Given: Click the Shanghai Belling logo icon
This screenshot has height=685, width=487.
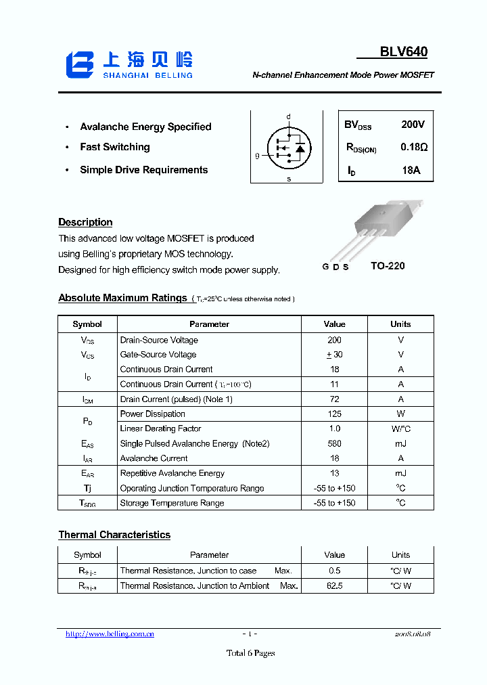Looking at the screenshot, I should click(x=79, y=64).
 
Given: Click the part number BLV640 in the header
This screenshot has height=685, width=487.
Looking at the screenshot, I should click(x=403, y=52).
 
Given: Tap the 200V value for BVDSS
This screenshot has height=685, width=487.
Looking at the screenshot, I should click(x=413, y=125).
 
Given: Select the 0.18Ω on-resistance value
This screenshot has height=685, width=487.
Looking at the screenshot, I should click(x=413, y=147).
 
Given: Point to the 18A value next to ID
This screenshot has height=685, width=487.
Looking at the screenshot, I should click(x=411, y=171).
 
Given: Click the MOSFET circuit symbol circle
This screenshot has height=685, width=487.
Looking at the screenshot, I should click(x=289, y=147).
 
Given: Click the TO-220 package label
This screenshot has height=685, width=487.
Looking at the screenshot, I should click(x=388, y=266).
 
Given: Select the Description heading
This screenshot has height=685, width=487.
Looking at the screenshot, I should click(x=85, y=222).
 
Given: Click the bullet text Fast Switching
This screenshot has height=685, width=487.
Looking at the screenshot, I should click(x=114, y=147).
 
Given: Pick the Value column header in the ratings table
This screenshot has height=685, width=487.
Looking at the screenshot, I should click(x=334, y=324).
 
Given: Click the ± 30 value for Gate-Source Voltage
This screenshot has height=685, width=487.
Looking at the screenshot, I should click(x=334, y=355).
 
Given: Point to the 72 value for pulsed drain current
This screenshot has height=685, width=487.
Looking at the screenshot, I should click(x=334, y=399).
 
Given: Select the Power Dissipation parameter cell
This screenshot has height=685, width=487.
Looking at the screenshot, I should click(x=152, y=414).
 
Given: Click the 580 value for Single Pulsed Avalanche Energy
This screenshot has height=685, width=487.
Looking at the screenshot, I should click(x=334, y=443).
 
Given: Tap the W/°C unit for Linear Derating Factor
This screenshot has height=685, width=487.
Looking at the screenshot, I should click(x=400, y=428).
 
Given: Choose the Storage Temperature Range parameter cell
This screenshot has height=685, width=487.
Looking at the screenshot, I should click(x=171, y=503).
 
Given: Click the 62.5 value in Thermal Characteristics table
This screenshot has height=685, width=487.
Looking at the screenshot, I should click(x=334, y=585).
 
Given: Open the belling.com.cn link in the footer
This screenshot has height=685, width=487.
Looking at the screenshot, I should click(x=110, y=634).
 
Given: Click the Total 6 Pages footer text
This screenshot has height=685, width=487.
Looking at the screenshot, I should click(x=250, y=653).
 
